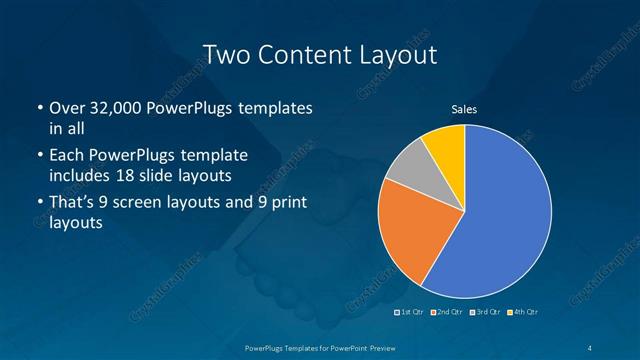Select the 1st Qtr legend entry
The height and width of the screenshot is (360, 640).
coord(411,313)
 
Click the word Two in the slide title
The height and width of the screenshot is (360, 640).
coord(225,54)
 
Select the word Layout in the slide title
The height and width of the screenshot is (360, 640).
coord(397,54)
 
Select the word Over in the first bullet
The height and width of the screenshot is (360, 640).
coord(66,107)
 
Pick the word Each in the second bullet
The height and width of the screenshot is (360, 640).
coord(68,156)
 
